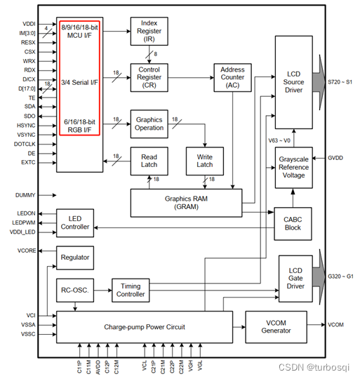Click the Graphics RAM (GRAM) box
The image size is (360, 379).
[185, 202]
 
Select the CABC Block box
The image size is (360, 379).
[293, 223]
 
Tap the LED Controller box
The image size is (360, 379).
[75, 222]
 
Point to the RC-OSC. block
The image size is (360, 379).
[75, 289]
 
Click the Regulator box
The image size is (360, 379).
[75, 258]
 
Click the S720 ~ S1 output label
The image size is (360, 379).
[341, 83]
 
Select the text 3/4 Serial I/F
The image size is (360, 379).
[79, 81]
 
